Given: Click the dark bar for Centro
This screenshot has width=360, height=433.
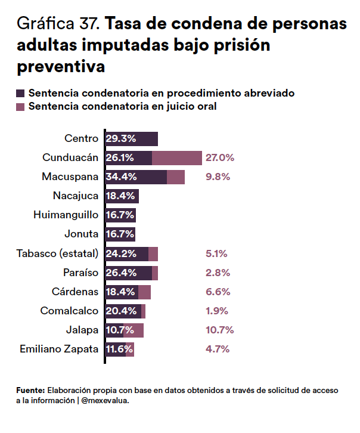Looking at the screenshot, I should pos(132,139).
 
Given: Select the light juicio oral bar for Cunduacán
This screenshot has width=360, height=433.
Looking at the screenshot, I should pos(177,158).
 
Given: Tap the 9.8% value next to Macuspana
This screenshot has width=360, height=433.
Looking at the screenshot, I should pos(218,177).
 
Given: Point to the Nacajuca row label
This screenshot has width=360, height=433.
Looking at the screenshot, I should pos(75,196).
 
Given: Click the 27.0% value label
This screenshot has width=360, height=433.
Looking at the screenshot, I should pos(219,158).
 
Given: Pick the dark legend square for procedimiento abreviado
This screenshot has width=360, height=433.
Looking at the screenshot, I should pos(21,94).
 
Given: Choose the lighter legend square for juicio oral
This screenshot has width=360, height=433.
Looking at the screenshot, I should pos(21,107).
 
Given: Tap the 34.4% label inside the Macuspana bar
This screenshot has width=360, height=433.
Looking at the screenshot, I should pos(122,177).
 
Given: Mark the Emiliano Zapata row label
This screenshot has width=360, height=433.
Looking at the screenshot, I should pos(58,350).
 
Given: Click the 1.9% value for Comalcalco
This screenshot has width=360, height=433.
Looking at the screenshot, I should pos(216,311).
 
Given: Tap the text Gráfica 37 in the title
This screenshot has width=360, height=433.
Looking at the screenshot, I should pos(59,24).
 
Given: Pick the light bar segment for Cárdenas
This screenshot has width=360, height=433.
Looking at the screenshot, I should pos(144,292).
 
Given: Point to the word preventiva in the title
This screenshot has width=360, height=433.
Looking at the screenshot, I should pos(61,67).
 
